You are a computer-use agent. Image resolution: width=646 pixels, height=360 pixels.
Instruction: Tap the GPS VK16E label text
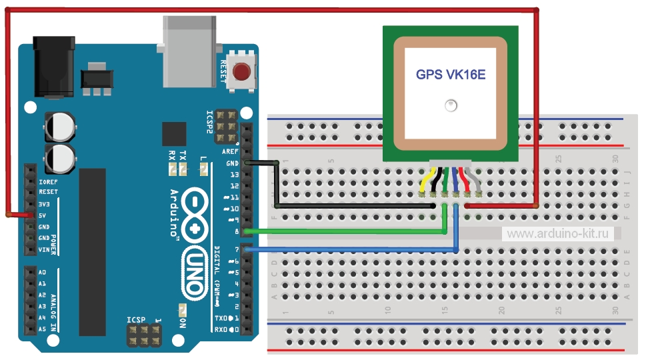[x=451, y=75]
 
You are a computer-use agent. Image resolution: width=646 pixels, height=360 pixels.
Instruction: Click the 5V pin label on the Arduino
[x=43, y=215]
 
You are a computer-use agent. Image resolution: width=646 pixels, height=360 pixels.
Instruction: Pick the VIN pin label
[x=45, y=249]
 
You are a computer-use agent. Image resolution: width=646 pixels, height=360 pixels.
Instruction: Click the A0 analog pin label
[x=43, y=273]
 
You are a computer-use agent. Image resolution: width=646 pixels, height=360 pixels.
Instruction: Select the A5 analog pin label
[x=43, y=329]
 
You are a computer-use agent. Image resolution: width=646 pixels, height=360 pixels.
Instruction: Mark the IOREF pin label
[x=49, y=181]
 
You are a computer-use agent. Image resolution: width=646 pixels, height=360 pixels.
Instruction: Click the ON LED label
[x=183, y=321]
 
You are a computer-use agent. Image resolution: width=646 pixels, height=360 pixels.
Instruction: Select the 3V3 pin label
[x=44, y=204]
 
